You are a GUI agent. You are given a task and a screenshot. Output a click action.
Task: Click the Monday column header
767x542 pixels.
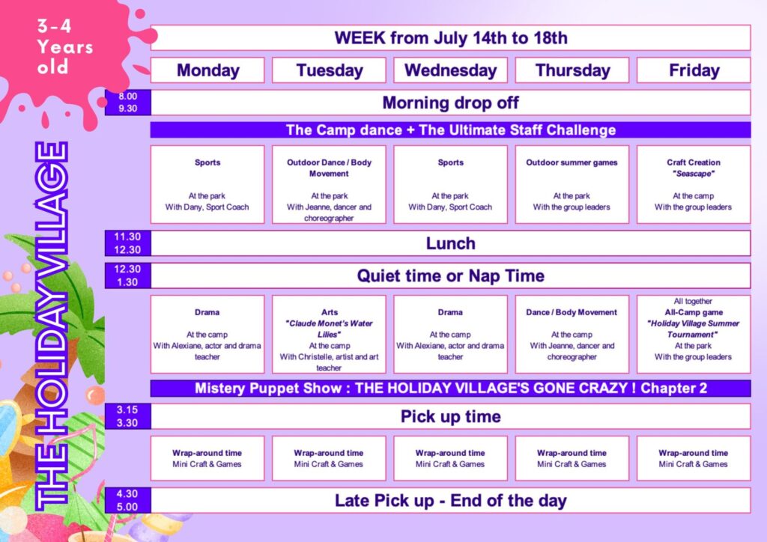[x=207, y=70]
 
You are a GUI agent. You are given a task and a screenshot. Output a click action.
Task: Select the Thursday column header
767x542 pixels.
[x=572, y=70]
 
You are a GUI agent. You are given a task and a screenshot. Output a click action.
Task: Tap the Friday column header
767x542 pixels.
[x=694, y=70]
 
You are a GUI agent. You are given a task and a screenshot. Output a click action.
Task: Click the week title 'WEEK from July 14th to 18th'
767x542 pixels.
[x=450, y=37]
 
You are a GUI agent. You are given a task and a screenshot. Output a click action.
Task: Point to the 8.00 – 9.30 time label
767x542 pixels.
[x=127, y=103]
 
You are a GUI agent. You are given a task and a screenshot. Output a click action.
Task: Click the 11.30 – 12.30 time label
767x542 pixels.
[x=127, y=243]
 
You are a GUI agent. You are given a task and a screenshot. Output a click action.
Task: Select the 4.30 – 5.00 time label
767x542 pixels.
[x=127, y=501]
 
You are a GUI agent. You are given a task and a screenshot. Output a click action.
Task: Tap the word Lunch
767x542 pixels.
[x=450, y=243]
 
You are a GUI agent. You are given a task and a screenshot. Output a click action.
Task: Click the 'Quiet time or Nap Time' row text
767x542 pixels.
[x=450, y=275]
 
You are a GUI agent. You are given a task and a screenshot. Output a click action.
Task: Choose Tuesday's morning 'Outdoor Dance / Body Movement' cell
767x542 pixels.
[x=330, y=185]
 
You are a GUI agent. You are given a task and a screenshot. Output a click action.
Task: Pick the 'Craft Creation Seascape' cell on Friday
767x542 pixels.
[x=694, y=185]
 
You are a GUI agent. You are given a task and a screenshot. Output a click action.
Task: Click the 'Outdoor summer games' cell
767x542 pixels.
[x=572, y=185]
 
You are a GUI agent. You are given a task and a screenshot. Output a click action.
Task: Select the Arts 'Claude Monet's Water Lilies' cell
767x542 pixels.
[x=330, y=335]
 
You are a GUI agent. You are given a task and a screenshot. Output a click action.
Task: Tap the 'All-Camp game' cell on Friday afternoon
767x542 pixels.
[x=694, y=335]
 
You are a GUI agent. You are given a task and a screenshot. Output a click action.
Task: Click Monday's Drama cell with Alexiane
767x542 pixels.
[x=207, y=335]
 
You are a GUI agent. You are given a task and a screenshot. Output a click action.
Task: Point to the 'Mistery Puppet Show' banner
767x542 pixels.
[x=450, y=389]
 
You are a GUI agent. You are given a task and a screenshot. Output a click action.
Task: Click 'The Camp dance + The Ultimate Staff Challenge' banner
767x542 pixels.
[x=450, y=130]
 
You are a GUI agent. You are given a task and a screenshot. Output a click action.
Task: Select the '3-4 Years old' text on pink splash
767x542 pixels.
[x=65, y=46]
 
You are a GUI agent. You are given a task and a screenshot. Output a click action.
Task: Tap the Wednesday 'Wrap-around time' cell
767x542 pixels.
[x=450, y=458]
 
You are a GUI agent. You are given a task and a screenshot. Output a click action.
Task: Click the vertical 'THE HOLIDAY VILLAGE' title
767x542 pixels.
[x=52, y=326]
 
